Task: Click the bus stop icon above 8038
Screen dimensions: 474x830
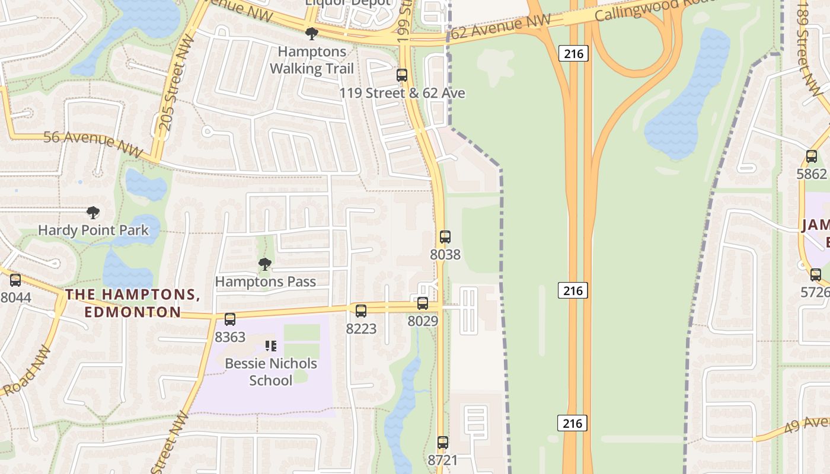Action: pos(445,237)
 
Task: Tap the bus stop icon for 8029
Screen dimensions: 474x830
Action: pos(422,303)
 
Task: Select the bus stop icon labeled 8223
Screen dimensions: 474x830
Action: pos(360,310)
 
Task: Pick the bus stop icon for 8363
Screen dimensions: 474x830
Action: pos(229,319)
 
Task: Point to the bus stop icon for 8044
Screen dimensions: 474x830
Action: pos(15,280)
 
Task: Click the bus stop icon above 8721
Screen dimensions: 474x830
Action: pos(442,442)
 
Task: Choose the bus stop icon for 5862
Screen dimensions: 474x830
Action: pos(811,156)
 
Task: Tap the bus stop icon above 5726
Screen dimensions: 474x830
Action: pos(815,275)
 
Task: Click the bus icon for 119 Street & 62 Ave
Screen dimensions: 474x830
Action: pos(401,75)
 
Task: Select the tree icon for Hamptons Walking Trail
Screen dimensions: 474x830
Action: pos(311,34)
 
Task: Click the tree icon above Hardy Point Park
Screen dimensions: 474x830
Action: pos(92,212)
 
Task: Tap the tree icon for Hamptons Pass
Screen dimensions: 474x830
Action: pos(265,264)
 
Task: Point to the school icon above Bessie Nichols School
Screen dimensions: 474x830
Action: pos(271,345)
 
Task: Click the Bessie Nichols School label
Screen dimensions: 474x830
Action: pos(271,371)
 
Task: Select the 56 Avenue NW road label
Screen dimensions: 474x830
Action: pos(92,143)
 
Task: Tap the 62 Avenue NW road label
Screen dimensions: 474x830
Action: pos(501,27)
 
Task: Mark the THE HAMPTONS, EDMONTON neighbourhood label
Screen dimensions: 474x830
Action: pos(132,303)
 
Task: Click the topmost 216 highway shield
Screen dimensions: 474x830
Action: pos(573,54)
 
